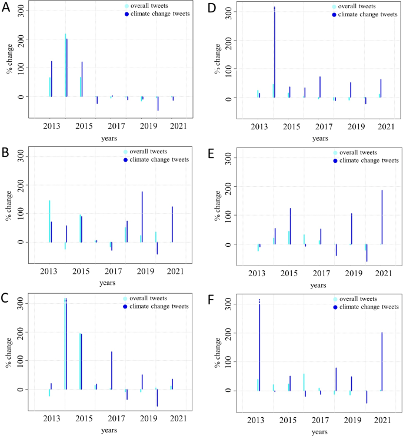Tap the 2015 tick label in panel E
pos(289,273)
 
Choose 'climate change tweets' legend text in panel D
pos(368,14)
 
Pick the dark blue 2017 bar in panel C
pos(111,370)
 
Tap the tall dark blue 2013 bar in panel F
pos(259,347)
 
